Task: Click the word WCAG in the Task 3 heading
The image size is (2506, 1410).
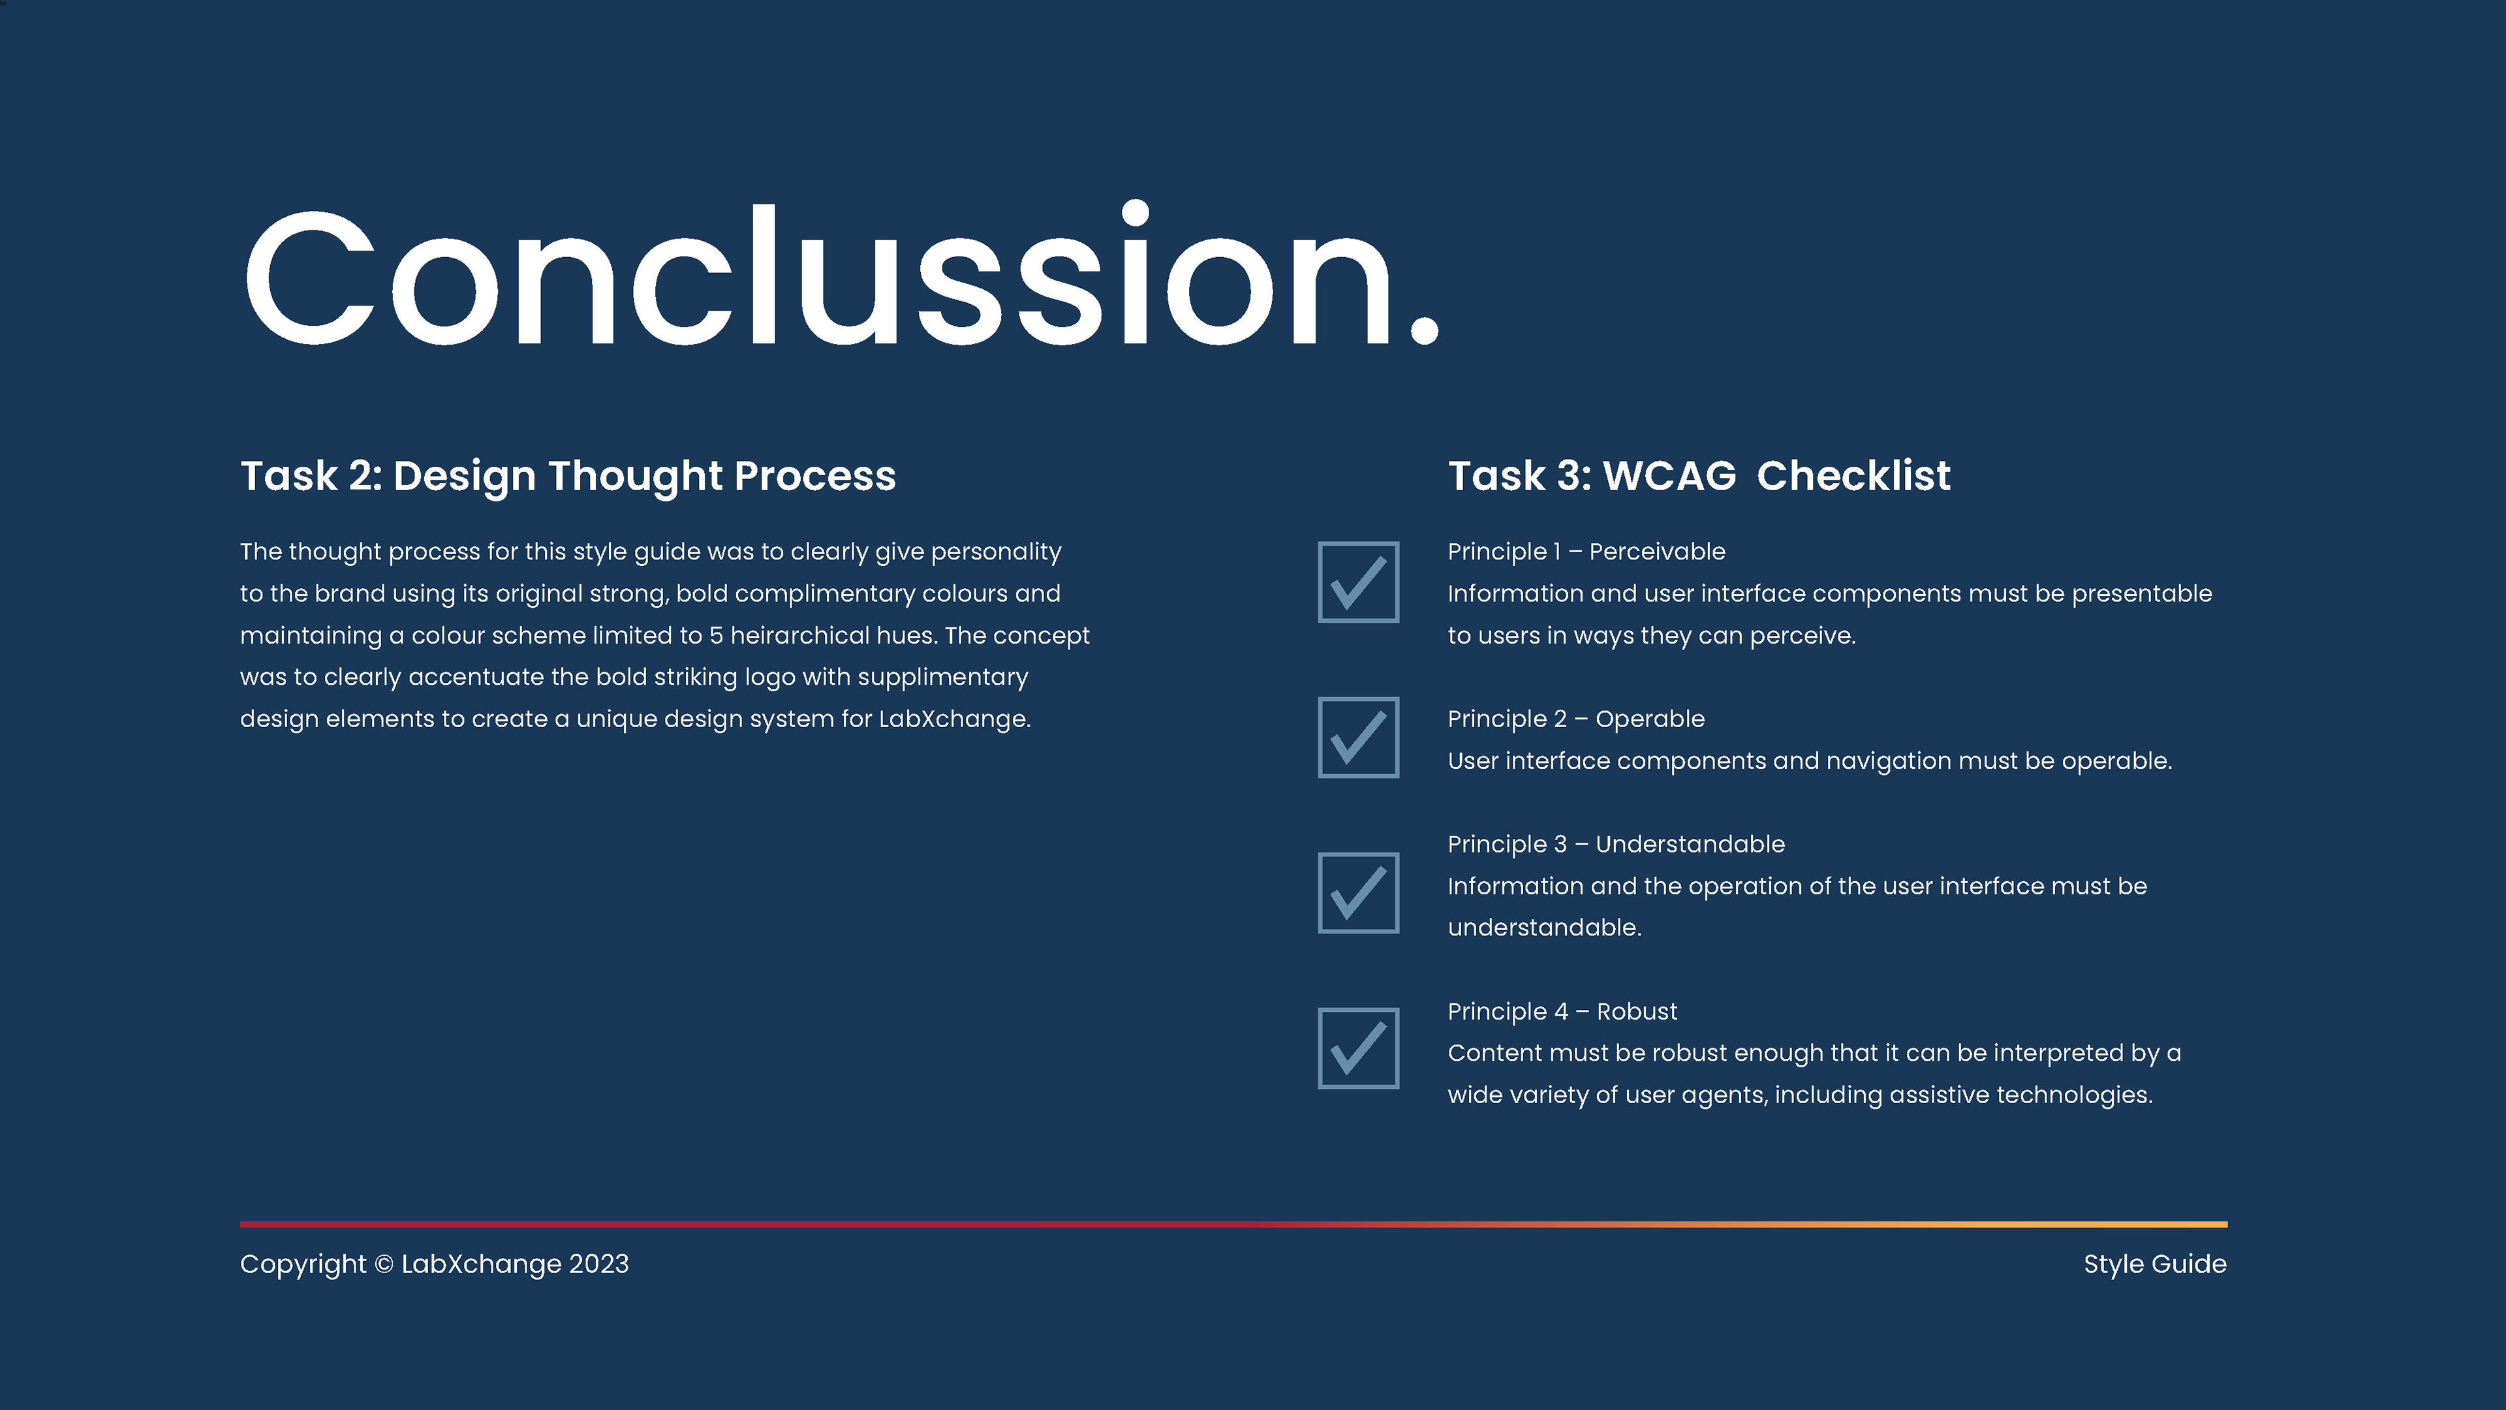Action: pyautogui.click(x=1669, y=476)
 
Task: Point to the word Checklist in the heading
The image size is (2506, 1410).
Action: pyautogui.click(x=1853, y=476)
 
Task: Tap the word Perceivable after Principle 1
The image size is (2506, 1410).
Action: pyautogui.click(x=1657, y=552)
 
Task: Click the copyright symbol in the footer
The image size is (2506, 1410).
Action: pyautogui.click(x=384, y=1264)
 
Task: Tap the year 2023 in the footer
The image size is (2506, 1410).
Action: pyautogui.click(x=598, y=1264)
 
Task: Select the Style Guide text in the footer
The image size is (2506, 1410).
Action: pyautogui.click(x=2155, y=1264)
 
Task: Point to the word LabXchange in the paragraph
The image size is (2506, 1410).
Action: pyautogui.click(x=953, y=719)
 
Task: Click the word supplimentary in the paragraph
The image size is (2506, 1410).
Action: pyautogui.click(x=942, y=678)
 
